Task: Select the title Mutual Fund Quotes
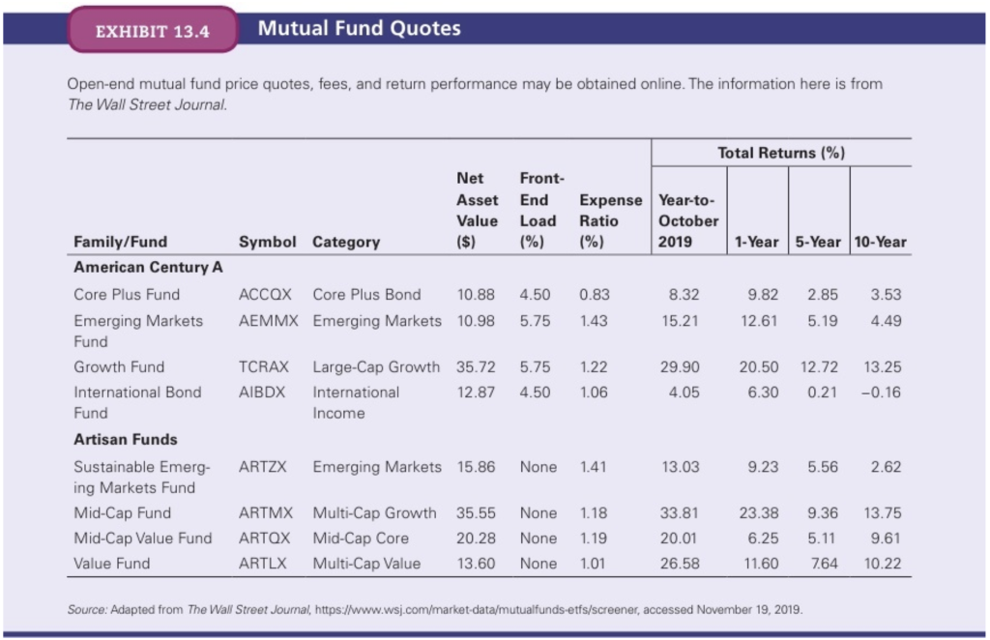pyautogui.click(x=359, y=28)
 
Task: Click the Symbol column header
pyautogui.click(x=267, y=242)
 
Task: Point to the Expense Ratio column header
pyautogui.click(x=610, y=220)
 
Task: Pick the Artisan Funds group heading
pyautogui.click(x=126, y=440)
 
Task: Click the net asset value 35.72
pyautogui.click(x=476, y=367)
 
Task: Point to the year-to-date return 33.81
pyautogui.click(x=681, y=513)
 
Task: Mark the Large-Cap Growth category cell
pyautogui.click(x=376, y=367)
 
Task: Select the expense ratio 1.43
pyautogui.click(x=594, y=321)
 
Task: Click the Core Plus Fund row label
pyautogui.click(x=127, y=294)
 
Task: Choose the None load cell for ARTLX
pyautogui.click(x=538, y=564)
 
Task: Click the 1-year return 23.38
pyautogui.click(x=758, y=513)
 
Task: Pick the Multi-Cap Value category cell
pyautogui.click(x=366, y=564)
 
